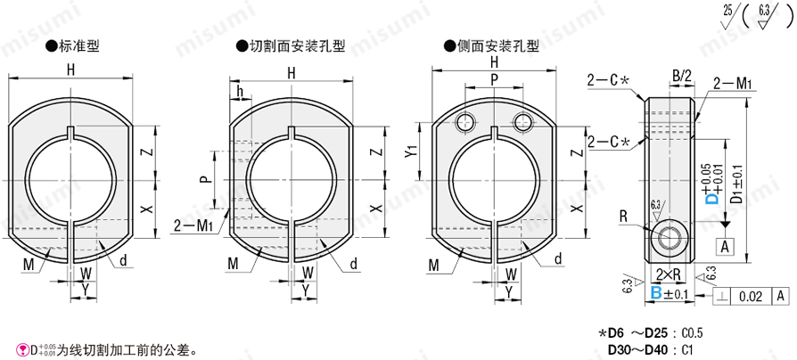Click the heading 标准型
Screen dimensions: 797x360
pos(78,46)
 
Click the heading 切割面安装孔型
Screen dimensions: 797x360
pos(298,46)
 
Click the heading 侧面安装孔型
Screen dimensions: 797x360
pos(497,46)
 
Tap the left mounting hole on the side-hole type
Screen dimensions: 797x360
pos(465,121)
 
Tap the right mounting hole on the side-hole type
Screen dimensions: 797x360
pos(522,121)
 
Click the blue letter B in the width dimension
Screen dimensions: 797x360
pos(656,292)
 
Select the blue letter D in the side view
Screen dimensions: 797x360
pos(713,197)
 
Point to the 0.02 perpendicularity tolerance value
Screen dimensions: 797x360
pos(751,297)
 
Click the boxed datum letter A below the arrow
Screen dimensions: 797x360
pos(725,247)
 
